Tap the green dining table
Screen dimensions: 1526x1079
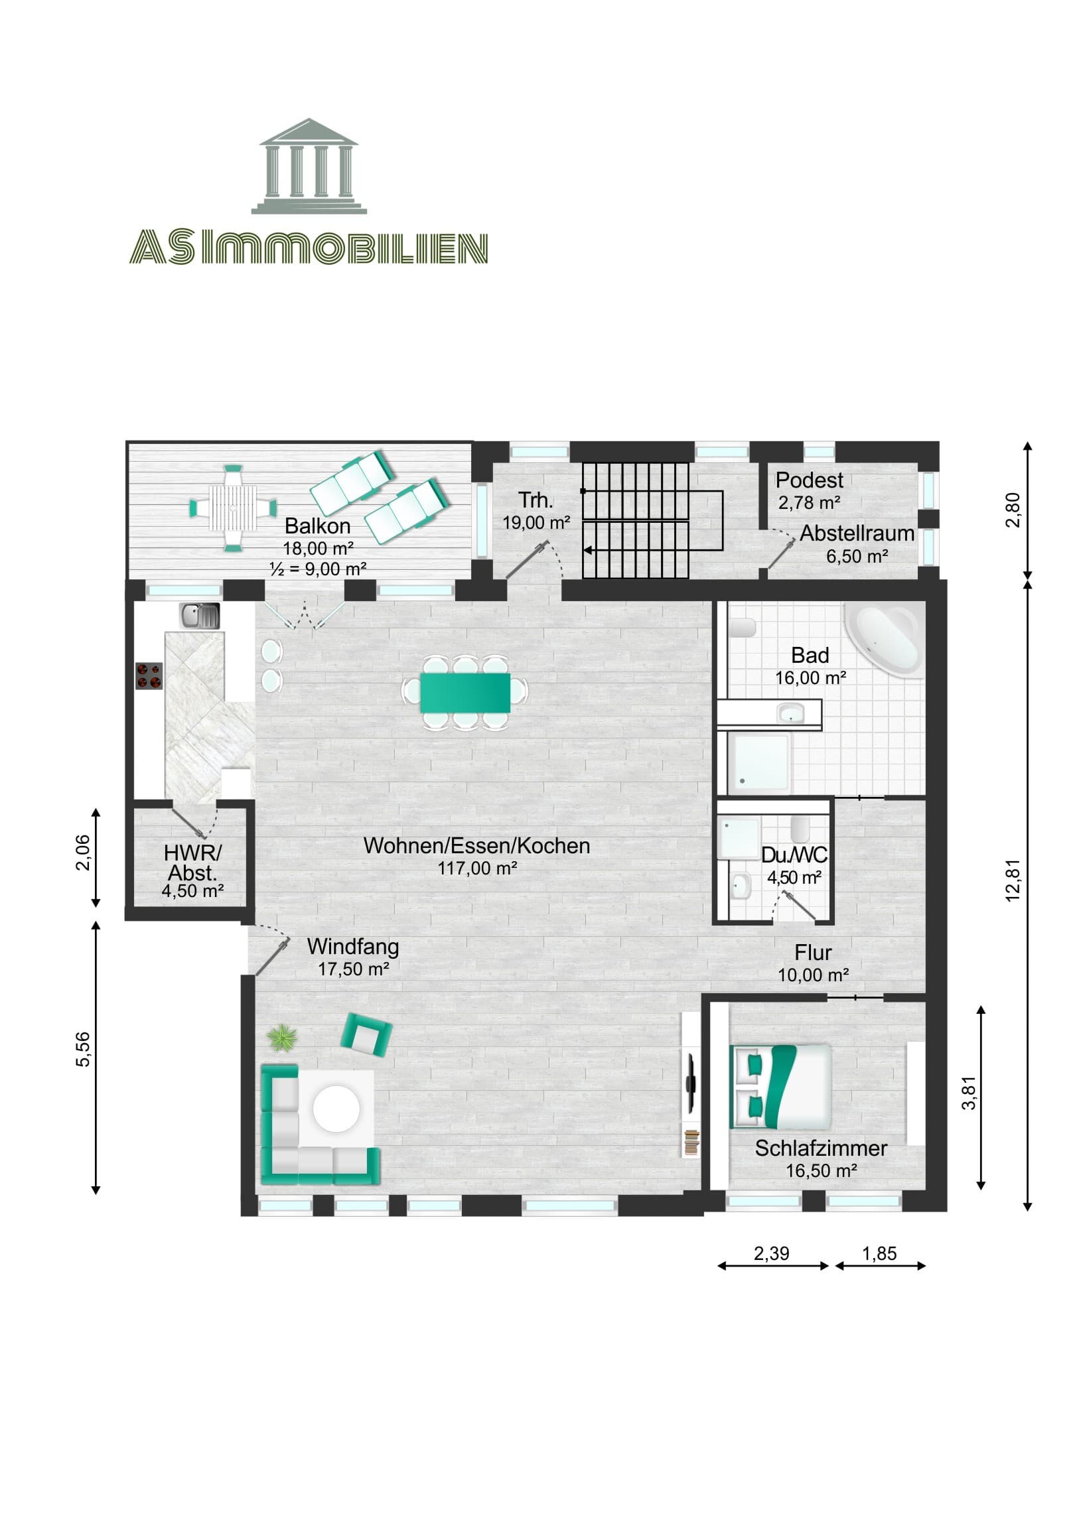coord(465,693)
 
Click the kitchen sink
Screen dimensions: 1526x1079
coord(199,616)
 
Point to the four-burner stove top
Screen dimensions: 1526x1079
coord(149,676)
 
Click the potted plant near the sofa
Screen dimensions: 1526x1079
coord(284,1038)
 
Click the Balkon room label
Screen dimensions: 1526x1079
coord(317,526)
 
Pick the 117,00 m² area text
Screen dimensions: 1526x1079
coord(476,868)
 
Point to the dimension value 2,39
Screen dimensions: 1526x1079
coord(771,1253)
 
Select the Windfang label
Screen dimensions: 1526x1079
coord(352,946)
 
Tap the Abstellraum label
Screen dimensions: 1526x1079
coord(856,533)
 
